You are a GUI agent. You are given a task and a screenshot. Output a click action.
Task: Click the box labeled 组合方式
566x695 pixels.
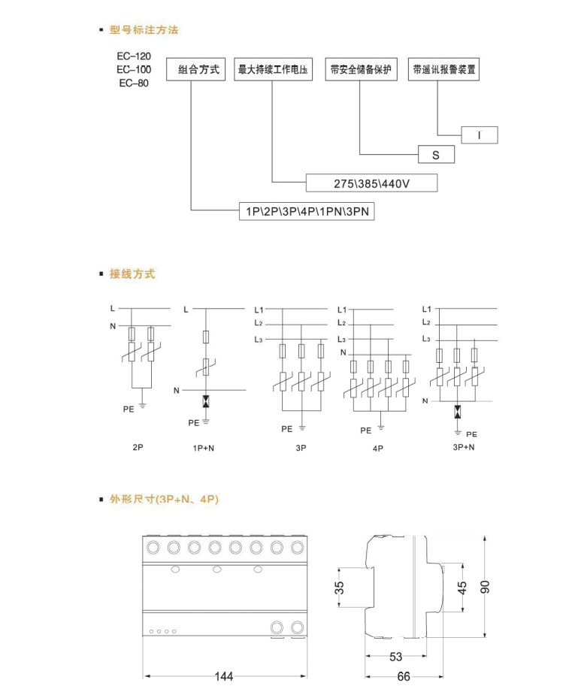coord(195,70)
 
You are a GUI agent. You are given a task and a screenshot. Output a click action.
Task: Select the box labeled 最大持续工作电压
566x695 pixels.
coord(273,70)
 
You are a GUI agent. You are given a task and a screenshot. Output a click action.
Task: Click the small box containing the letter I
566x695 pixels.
coord(478,135)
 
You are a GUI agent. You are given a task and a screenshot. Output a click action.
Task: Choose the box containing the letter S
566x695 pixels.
coord(437,155)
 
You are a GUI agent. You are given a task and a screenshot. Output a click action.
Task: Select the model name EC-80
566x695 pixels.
coord(134,83)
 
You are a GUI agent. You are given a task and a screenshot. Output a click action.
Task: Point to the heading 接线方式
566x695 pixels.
coord(132,273)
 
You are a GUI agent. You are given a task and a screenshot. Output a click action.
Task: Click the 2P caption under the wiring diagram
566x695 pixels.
coord(138,448)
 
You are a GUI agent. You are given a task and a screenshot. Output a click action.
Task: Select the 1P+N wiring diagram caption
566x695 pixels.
coord(202,448)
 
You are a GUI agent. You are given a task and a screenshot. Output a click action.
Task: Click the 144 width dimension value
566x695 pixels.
coord(223,676)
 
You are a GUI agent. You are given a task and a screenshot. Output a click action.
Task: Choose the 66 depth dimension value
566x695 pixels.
coord(404,676)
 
